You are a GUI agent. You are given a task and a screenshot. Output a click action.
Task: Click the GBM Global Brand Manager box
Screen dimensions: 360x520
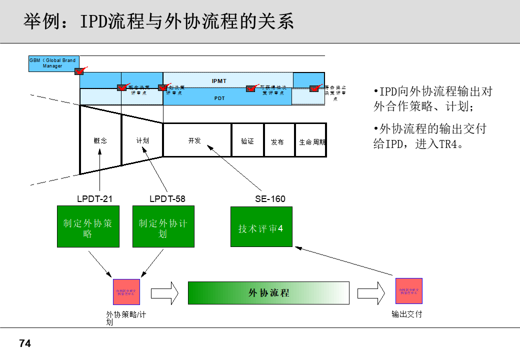coord(52,63)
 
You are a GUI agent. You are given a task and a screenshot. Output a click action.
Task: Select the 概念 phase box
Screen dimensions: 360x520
coord(100,140)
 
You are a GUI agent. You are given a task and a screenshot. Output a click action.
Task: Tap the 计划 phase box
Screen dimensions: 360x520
coord(142,140)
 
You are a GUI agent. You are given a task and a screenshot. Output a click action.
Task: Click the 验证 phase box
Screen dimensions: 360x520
coord(247,140)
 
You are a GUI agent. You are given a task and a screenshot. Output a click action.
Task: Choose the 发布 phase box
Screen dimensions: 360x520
coord(277,141)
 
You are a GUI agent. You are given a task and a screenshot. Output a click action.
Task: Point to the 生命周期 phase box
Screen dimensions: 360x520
coord(310,141)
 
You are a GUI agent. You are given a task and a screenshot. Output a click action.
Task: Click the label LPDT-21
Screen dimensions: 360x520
coord(94,199)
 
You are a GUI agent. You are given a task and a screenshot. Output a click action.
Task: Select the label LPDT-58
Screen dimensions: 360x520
coord(167,199)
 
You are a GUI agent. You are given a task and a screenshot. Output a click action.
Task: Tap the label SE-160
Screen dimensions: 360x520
coord(270,199)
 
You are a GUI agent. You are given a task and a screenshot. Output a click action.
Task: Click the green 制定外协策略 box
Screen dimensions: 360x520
coord(88,226)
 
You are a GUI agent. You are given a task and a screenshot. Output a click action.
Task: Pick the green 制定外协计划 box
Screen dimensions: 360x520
coord(163,226)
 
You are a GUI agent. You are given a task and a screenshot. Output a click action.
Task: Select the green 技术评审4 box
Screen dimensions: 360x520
coord(261,226)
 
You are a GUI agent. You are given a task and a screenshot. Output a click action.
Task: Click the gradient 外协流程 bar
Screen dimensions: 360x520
coord(268,293)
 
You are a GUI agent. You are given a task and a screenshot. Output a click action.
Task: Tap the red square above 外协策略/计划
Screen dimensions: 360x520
coord(126,292)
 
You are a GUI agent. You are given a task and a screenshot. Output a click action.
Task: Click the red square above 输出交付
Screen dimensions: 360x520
coord(409,291)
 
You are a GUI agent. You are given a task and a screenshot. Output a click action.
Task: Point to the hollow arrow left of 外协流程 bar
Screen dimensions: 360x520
coord(164,293)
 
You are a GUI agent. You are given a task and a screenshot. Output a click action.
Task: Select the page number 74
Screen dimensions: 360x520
coord(25,344)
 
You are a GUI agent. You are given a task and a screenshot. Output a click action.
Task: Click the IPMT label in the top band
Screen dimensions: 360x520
coord(219,81)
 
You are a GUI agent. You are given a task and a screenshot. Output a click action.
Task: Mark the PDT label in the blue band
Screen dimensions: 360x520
coord(219,98)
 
